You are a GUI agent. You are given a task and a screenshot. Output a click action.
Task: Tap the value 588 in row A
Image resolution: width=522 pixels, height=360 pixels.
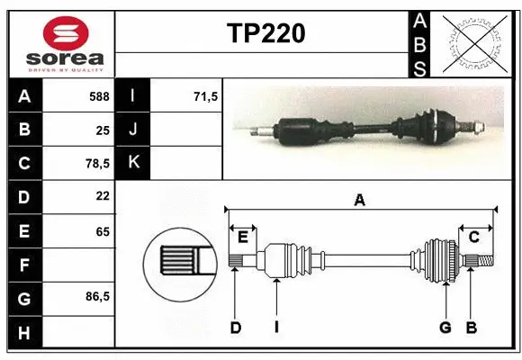click(x=99, y=94)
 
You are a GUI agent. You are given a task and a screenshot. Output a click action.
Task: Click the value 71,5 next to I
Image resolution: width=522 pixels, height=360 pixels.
click(x=206, y=94)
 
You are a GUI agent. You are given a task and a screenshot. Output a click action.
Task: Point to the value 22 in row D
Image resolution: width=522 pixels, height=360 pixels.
click(x=102, y=195)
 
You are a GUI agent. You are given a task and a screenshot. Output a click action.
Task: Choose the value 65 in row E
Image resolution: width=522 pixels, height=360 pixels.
click(x=102, y=231)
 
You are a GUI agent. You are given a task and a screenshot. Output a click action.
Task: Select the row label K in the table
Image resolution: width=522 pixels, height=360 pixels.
click(x=133, y=163)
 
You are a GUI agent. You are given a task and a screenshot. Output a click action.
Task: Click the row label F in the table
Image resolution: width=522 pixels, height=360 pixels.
click(x=24, y=265)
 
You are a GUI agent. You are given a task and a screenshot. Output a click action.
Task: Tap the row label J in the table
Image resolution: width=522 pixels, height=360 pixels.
click(x=133, y=129)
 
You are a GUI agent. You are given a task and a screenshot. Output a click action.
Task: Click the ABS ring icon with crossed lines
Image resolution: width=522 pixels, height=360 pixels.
click(x=472, y=43)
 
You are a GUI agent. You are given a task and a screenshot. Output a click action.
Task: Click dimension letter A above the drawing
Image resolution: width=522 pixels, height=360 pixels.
click(x=360, y=201)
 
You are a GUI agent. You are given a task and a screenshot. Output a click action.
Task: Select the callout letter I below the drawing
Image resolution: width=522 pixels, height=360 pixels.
click(x=276, y=328)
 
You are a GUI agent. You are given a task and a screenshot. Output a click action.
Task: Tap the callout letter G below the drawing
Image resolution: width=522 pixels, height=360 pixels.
click(x=445, y=328)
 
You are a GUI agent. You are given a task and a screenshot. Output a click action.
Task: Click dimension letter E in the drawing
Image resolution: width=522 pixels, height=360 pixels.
click(x=242, y=237)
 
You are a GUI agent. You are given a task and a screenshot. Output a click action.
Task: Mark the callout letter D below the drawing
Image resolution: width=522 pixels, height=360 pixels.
click(x=235, y=328)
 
